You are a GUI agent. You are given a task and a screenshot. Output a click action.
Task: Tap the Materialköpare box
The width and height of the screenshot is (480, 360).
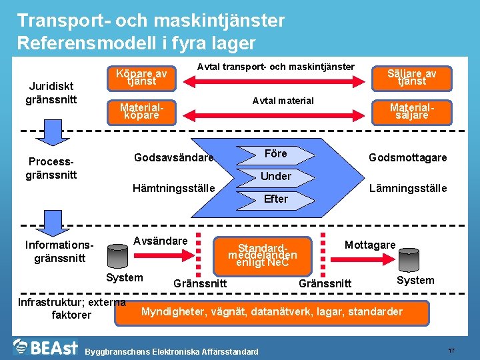(x=141, y=111)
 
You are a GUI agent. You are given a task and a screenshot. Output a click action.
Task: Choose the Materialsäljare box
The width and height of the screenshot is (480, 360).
(x=411, y=111)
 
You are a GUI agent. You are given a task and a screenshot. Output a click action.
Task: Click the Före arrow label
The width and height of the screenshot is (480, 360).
(x=275, y=154)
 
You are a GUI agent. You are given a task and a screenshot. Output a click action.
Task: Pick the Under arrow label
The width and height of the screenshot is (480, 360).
(x=275, y=176)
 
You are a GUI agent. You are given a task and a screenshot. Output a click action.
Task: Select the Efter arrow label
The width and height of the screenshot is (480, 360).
(x=275, y=199)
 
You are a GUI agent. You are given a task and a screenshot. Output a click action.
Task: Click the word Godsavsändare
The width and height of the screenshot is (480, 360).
(x=173, y=158)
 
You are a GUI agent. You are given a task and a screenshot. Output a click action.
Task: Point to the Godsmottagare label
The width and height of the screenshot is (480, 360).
(x=408, y=158)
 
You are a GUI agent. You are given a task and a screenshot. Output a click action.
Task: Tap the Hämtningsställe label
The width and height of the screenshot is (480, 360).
(x=173, y=189)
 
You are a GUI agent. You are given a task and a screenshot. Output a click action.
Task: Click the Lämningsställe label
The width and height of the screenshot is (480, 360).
(x=408, y=189)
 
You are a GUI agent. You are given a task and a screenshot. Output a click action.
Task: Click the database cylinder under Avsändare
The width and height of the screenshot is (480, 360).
(x=119, y=255)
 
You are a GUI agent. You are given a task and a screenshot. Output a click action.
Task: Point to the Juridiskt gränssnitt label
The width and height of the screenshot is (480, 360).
(x=52, y=93)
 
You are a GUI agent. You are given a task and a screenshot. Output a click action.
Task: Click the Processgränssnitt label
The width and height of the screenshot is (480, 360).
(x=52, y=168)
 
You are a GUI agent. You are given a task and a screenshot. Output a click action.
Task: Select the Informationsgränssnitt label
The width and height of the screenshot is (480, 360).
(x=60, y=251)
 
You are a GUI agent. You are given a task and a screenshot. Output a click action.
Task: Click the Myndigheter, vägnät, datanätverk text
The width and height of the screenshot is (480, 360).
(x=271, y=312)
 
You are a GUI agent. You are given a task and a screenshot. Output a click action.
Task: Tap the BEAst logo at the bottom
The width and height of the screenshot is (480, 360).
(x=45, y=347)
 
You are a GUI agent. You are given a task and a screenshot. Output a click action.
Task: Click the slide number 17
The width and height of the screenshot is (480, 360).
(x=451, y=350)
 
